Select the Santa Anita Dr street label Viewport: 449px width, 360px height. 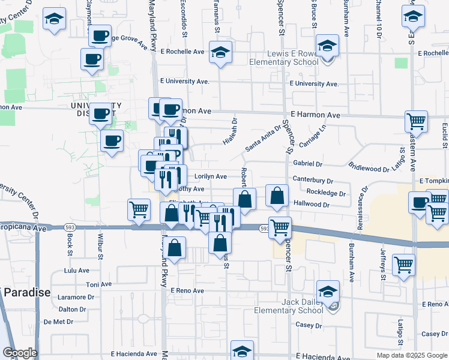pyautogui.click(x=264, y=138)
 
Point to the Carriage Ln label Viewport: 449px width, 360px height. pyautogui.click(x=312, y=136)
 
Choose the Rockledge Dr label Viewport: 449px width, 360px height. pyautogui.click(x=326, y=193)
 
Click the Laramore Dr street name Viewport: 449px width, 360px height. pyautogui.click(x=77, y=296)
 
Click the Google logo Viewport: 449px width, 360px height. pyautogui.click(x=20, y=353)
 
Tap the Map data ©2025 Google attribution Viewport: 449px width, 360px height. pyautogui.click(x=412, y=355)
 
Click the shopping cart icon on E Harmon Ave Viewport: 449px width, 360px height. pyautogui.click(x=416, y=122)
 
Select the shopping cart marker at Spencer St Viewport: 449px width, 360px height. pyautogui.click(x=280, y=227)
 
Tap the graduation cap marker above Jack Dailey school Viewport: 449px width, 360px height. pyautogui.click(x=328, y=292)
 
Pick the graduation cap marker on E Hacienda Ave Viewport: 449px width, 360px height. pyautogui.click(x=242, y=350)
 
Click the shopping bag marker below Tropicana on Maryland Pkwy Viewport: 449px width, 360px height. pyautogui.click(x=174, y=248)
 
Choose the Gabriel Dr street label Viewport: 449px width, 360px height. pyautogui.click(x=308, y=163)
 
